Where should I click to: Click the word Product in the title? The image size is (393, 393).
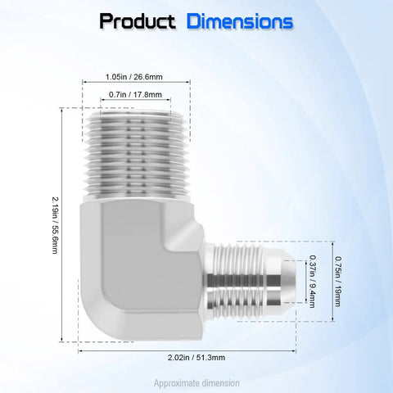pos(138,21)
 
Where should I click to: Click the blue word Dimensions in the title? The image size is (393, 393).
pos(240,21)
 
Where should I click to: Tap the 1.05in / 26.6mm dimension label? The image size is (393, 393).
pos(134,77)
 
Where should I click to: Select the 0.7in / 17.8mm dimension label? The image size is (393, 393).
pos(135,94)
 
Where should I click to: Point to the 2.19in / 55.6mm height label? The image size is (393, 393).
pos(55,225)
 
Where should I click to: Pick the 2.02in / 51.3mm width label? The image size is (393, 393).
pos(196,357)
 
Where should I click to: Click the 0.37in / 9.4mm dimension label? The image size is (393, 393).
pos(313,282)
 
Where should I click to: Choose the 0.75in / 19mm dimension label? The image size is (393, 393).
pos(338,282)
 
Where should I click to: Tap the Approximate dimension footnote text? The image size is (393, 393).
pos(196,383)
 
